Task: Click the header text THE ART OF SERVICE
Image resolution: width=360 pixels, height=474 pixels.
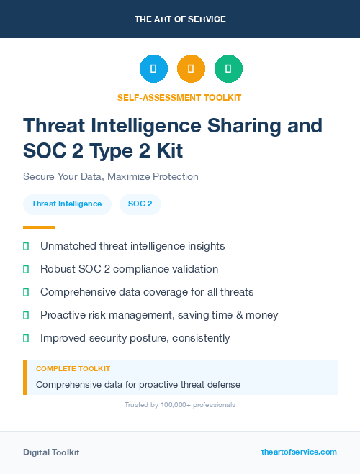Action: (x=180, y=19)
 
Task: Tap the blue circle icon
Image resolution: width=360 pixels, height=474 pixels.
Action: (x=153, y=69)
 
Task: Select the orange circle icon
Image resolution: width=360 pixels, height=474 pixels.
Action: (x=191, y=69)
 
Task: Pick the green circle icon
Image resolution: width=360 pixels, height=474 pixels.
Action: (x=228, y=69)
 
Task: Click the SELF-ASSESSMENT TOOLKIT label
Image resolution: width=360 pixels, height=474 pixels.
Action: (x=180, y=97)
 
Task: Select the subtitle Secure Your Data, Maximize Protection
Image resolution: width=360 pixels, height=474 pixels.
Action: (x=110, y=176)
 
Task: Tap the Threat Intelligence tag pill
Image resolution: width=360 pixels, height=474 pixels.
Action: (x=67, y=204)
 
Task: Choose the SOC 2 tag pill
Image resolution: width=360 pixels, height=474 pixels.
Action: (x=140, y=204)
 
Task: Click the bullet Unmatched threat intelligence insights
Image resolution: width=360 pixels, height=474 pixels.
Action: (x=132, y=246)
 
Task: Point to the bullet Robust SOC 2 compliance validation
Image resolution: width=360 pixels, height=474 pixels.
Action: (x=129, y=269)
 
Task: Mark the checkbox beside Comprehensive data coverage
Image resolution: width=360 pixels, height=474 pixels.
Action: (x=26, y=292)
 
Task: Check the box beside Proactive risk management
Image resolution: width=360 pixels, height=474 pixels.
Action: (x=26, y=315)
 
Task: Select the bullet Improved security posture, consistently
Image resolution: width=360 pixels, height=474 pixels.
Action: (x=135, y=338)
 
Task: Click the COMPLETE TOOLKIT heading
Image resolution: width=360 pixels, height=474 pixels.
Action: (x=73, y=369)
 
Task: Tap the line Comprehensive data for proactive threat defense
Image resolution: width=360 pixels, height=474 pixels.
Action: (x=138, y=384)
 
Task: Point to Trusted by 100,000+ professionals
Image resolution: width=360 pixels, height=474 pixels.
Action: (x=180, y=405)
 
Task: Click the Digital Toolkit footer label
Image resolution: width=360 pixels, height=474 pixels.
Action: (x=51, y=452)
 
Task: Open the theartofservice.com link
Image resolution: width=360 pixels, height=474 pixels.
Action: (x=299, y=452)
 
